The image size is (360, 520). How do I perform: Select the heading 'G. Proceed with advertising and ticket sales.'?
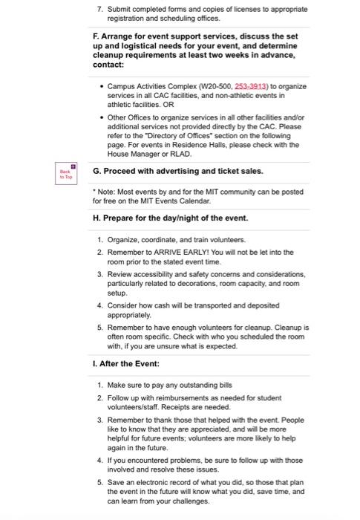pyautogui.click(x=177, y=170)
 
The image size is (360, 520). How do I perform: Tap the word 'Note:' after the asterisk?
pyautogui.click(x=107, y=193)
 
